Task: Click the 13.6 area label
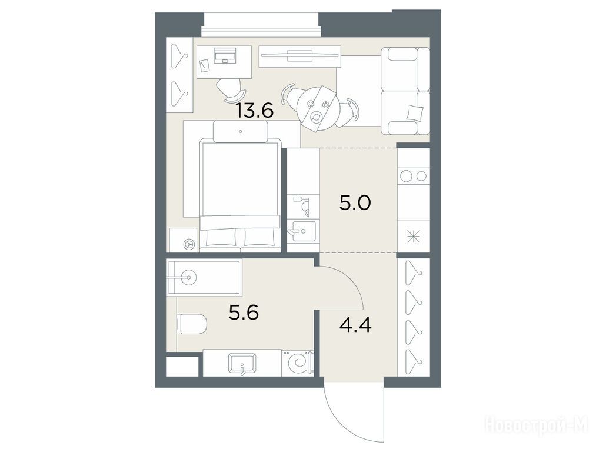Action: coord(255,111)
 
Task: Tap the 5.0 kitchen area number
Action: coord(355,204)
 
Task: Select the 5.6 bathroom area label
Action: coord(244,313)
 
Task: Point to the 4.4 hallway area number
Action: coord(355,325)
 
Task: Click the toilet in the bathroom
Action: coord(192,324)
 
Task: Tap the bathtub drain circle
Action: coord(188,277)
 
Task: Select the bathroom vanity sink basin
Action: coord(242,363)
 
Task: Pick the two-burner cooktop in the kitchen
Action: coord(414,176)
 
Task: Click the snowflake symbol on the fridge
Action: coord(414,237)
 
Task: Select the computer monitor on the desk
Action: coord(225,55)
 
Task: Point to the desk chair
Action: coord(230,91)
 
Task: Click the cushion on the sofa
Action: coord(414,112)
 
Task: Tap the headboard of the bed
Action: coord(241,131)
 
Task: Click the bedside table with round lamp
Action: coord(183,240)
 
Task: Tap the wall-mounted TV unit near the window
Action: coord(300,55)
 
